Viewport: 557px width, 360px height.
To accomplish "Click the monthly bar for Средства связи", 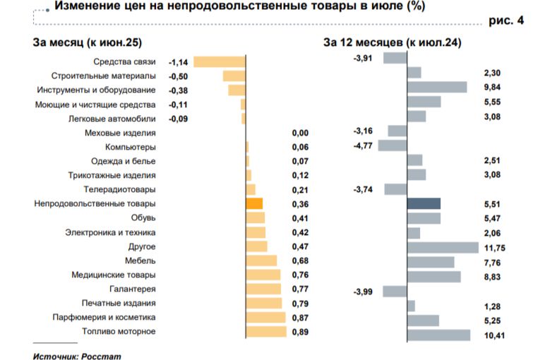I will click(219, 61).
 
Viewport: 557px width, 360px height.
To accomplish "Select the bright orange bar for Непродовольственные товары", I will click(254, 203).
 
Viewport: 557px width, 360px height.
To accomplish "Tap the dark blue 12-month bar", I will click(424, 203).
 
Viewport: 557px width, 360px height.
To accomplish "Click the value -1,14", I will click(177, 61).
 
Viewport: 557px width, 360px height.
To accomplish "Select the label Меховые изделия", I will click(120, 133).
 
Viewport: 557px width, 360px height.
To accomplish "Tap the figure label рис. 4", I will click(506, 21).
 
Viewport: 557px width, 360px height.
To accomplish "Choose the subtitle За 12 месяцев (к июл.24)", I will click(392, 42).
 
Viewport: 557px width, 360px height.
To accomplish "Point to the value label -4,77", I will click(362, 147).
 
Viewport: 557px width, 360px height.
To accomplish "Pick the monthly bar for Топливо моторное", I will click(266, 331).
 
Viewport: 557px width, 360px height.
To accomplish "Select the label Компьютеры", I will click(130, 147).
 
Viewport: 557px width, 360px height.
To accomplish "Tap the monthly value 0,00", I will click(300, 133).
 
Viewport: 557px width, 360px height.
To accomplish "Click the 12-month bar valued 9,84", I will click(437, 87).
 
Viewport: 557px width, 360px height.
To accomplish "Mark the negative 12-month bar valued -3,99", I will click(395, 291).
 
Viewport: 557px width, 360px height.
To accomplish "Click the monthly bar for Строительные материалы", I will click(234, 76).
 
